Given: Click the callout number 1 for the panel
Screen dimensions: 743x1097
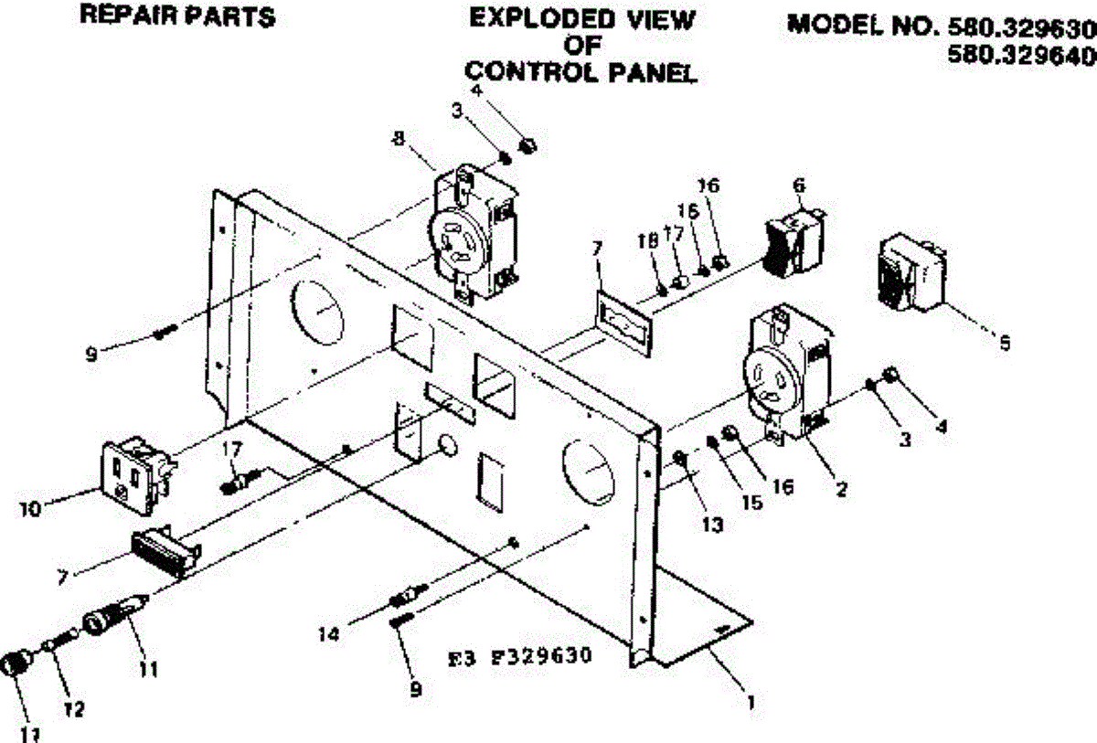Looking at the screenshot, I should [x=751, y=703].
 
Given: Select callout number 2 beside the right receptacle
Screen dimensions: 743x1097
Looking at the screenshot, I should [x=841, y=489].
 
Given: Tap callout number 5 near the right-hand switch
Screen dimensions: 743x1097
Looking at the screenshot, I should [x=1005, y=345].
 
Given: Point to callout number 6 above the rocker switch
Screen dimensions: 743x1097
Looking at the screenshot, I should [x=799, y=184].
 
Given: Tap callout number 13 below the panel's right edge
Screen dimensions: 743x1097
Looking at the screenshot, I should [x=712, y=525].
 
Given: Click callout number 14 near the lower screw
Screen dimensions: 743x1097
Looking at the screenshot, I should [x=331, y=633].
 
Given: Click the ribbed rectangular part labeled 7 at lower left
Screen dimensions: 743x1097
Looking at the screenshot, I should [x=165, y=552].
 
